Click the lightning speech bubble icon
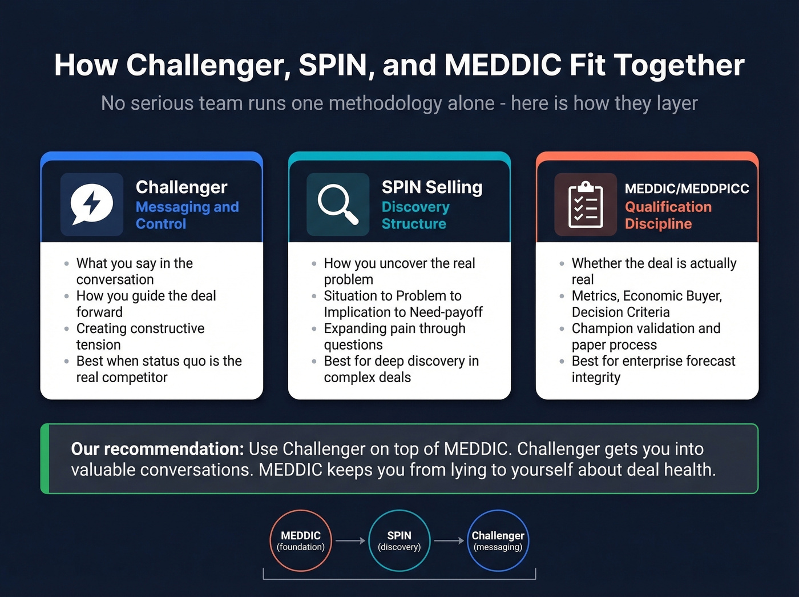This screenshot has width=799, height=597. coord(91,204)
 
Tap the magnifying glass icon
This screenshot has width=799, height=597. coord(338,204)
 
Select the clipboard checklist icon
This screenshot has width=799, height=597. coord(586,204)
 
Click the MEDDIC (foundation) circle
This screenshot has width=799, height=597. coord(301,540)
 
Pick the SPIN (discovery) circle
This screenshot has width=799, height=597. coord(399,540)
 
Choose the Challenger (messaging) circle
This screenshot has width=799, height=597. coord(498,540)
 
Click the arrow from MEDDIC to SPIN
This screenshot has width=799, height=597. coord(350,540)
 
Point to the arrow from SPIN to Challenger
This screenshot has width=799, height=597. coord(449,540)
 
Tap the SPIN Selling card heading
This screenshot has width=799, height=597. coord(432,187)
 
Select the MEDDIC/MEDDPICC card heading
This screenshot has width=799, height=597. coord(687,189)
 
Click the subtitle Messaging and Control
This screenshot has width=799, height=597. coord(187,215)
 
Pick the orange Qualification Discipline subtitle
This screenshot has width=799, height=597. coord(668,215)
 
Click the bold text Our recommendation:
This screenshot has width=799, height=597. coord(158,449)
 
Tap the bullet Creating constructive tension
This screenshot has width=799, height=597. coord(140,336)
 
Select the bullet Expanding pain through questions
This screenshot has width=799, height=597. coord(394,336)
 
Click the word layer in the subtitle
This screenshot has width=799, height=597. coord(677,103)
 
